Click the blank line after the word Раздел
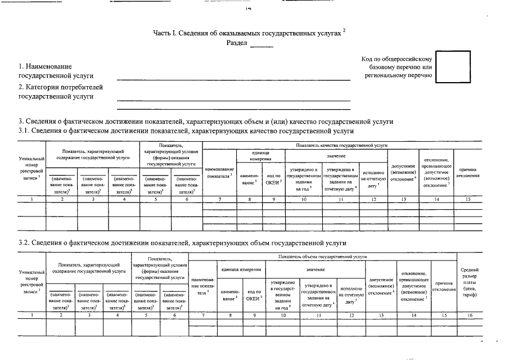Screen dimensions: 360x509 coord(262,44)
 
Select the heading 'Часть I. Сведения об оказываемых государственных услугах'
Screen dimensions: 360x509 coord(248,33)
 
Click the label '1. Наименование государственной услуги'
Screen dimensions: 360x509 coord(56,71)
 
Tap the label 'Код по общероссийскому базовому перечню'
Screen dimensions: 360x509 coord(397,67)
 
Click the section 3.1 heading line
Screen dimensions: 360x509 coord(186,131)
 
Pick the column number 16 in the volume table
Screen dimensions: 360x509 coord(470,315)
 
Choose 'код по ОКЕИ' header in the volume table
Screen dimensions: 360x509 coord(255,295)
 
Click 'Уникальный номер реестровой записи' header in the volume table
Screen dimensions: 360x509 coord(31,282)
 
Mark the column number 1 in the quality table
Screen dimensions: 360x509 coord(31,199)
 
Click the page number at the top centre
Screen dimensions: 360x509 coord(248,8)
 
